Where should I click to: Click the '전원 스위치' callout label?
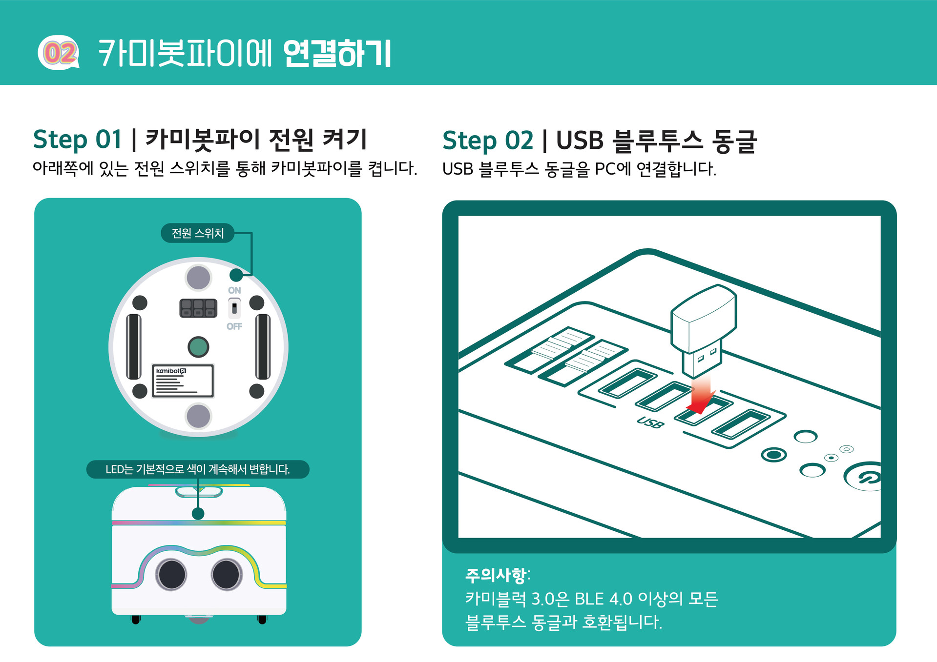tap(198, 233)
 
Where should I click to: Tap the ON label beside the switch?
tap(234, 290)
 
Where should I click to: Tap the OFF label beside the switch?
tap(234, 326)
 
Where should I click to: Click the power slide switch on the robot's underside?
tap(234, 308)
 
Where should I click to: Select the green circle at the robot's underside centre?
tap(198, 347)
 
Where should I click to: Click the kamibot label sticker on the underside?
tap(183, 381)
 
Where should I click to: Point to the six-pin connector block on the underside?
tap(198, 308)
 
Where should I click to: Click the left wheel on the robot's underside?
tap(133, 347)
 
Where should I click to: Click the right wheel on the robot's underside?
tap(263, 347)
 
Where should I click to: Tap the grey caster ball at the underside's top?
tap(198, 278)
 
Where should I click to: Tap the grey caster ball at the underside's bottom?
tap(198, 417)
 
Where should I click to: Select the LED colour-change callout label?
tap(198, 469)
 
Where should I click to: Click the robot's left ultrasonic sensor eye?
tap(171, 574)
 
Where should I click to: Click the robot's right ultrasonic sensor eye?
tap(226, 574)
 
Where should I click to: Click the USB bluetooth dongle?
tap(704, 327)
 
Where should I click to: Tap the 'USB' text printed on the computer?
tap(650, 422)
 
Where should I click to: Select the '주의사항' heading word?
tap(496, 575)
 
